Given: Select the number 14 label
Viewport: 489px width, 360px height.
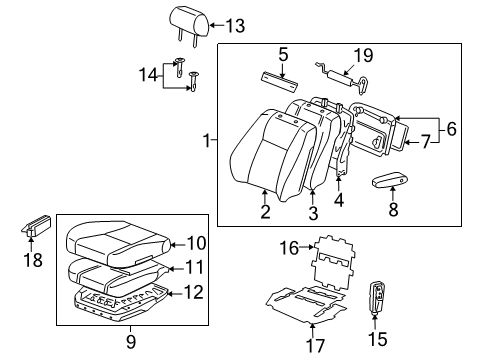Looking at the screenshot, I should (148, 73).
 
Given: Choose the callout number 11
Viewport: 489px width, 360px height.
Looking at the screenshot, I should (194, 268).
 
